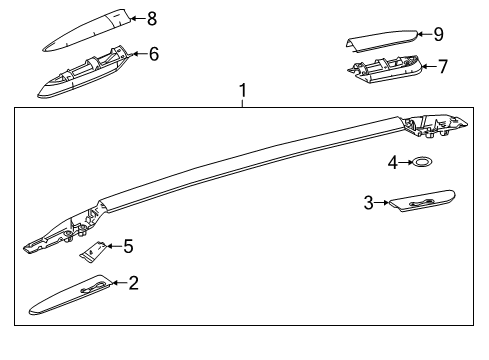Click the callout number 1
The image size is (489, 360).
241,91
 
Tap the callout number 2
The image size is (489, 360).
134,283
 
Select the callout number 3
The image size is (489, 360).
369,203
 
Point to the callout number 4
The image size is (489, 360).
394,160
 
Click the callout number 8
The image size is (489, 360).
152,18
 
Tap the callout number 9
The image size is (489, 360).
438,34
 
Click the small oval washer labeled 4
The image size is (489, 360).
424,161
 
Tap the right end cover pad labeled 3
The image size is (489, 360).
420,200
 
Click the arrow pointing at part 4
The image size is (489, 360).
407,160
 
